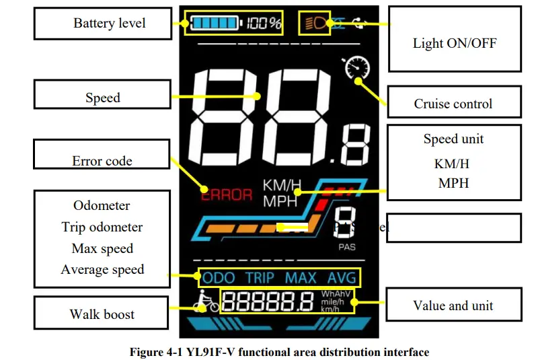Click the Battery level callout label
click(x=109, y=24)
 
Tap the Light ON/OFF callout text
click(x=455, y=44)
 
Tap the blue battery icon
click(x=215, y=24)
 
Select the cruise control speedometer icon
click(x=356, y=69)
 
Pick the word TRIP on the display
click(x=260, y=278)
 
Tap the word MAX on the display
click(x=300, y=278)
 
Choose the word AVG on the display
click(x=342, y=278)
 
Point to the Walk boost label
click(x=102, y=314)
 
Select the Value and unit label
click(x=453, y=305)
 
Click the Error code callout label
click(x=102, y=161)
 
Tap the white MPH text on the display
click(x=281, y=201)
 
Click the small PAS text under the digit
click(x=347, y=247)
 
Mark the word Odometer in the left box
click(x=102, y=205)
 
